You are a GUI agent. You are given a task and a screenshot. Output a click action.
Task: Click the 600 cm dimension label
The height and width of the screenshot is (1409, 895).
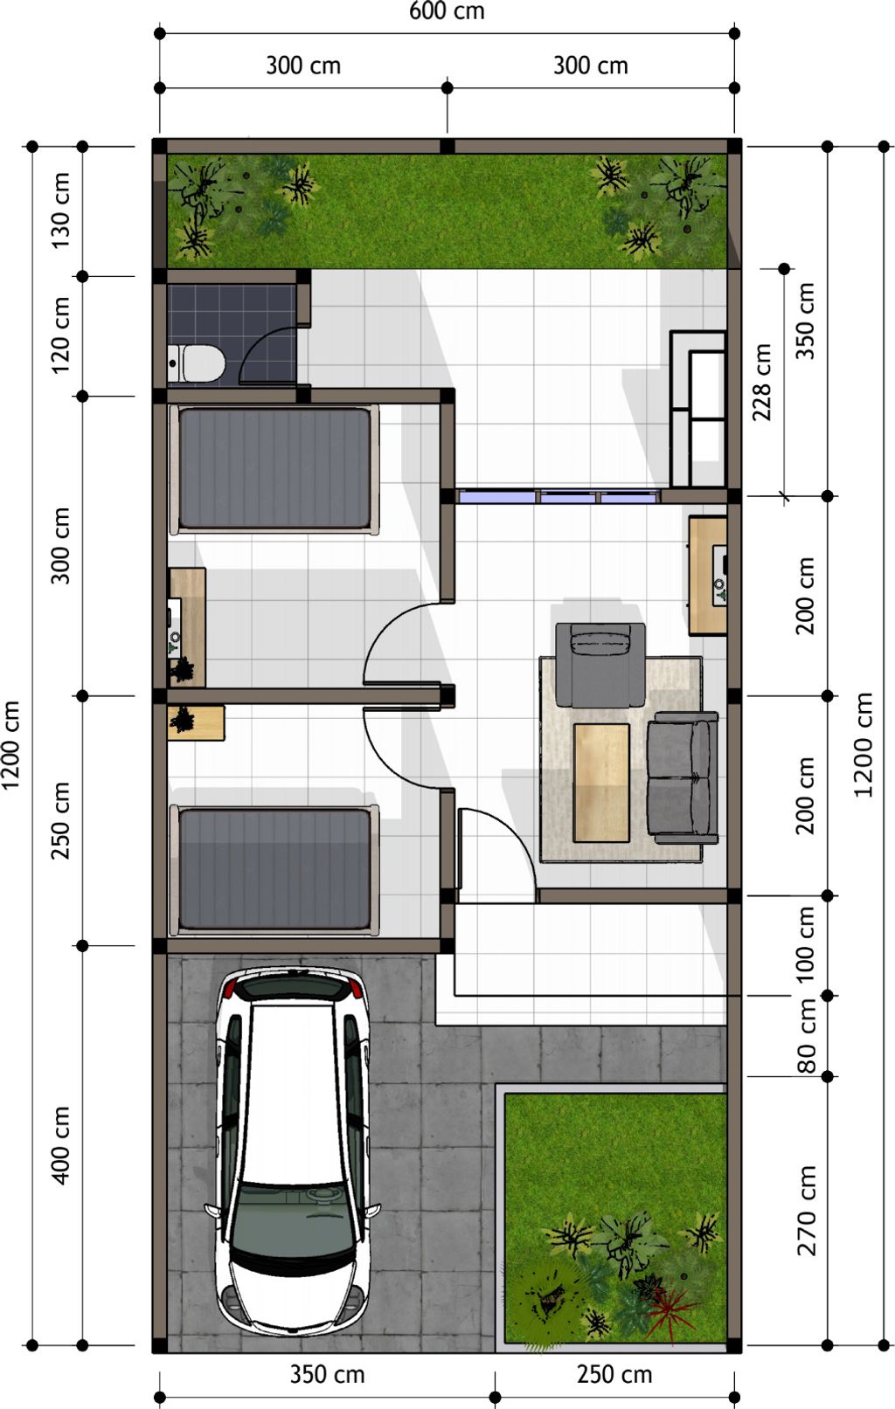point(447,11)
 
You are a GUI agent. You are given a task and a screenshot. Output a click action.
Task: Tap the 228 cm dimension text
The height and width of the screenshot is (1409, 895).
point(761,382)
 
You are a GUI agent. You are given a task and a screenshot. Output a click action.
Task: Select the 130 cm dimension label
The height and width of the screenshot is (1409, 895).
point(60,211)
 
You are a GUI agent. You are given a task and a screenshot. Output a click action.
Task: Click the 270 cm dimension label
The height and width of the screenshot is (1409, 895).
point(806,1211)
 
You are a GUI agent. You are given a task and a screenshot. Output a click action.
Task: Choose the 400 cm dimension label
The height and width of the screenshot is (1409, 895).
point(60,1145)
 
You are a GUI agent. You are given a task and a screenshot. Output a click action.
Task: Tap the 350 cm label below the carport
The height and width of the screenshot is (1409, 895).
point(327,1374)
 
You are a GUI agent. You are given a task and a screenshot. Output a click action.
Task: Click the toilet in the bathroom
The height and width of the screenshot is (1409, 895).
point(196,363)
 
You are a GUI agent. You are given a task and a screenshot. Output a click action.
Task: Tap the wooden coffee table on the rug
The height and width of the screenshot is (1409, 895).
point(601,783)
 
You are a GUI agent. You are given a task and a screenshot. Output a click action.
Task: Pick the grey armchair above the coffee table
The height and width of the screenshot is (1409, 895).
point(600,665)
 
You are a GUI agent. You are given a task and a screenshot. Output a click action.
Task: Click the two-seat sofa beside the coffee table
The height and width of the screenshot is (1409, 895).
point(683,777)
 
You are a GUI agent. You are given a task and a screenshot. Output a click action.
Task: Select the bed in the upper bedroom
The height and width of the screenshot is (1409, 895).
point(274,469)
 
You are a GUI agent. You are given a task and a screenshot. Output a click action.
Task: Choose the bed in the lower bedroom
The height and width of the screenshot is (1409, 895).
point(274,870)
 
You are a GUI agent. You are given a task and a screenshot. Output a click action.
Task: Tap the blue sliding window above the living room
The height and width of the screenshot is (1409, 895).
point(559,496)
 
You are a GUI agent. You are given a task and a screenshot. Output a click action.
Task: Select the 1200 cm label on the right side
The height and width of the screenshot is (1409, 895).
point(864,745)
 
